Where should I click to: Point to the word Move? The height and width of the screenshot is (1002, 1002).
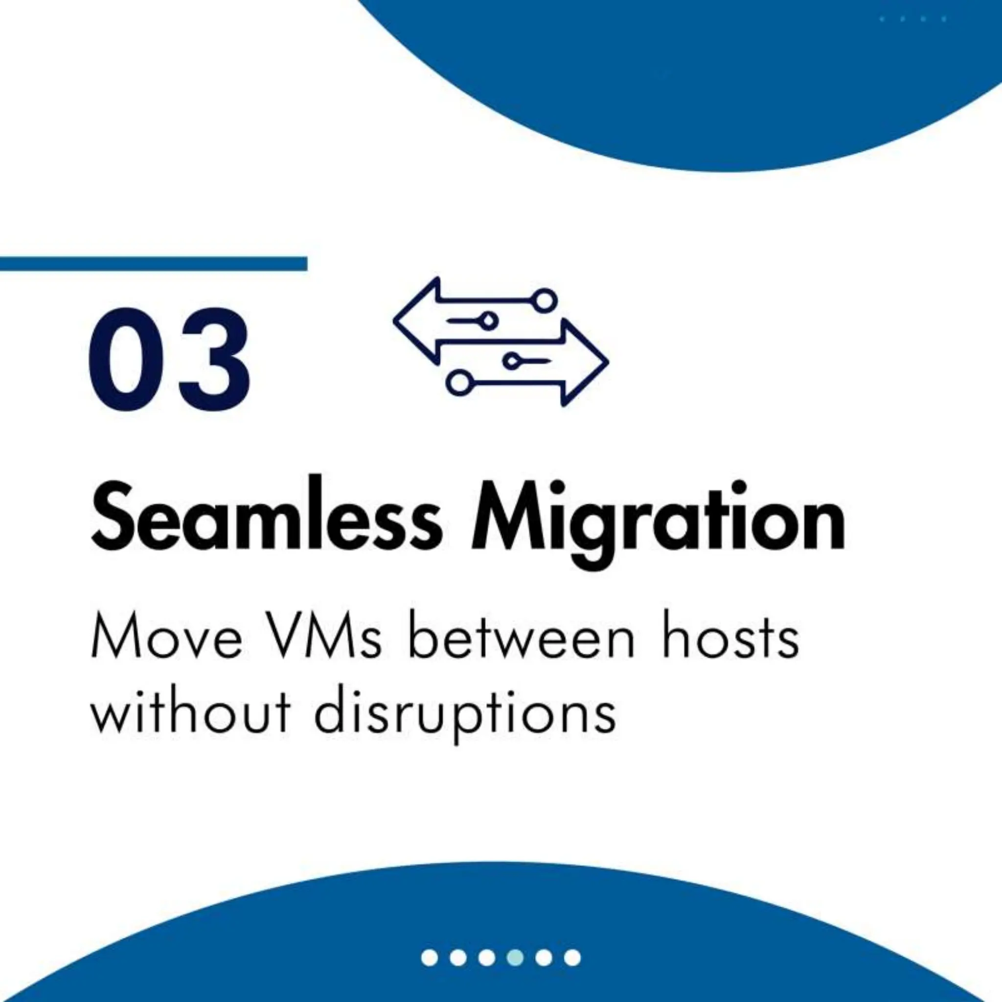coord(166,639)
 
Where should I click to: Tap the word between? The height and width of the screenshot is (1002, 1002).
coord(521,639)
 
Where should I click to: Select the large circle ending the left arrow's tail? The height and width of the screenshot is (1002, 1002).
coord(546,300)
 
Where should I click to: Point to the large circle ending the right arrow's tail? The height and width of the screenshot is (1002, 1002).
coord(457,383)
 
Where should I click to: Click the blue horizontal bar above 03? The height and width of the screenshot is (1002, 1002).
coord(154,264)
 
